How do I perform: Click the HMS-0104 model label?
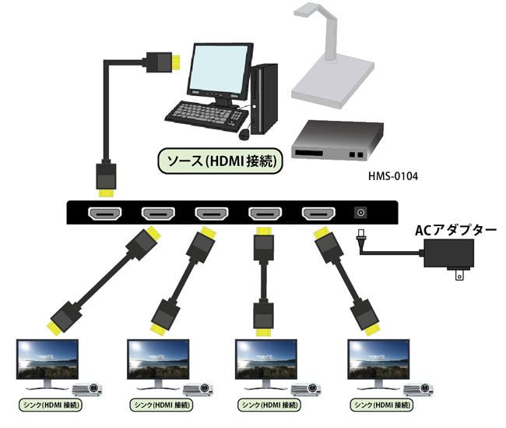pyautogui.click(x=393, y=176)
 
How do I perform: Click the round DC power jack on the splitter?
pyautogui.click(x=361, y=212)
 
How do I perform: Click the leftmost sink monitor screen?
pyautogui.click(x=47, y=358)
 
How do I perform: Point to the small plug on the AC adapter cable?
pyautogui.click(x=360, y=239)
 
